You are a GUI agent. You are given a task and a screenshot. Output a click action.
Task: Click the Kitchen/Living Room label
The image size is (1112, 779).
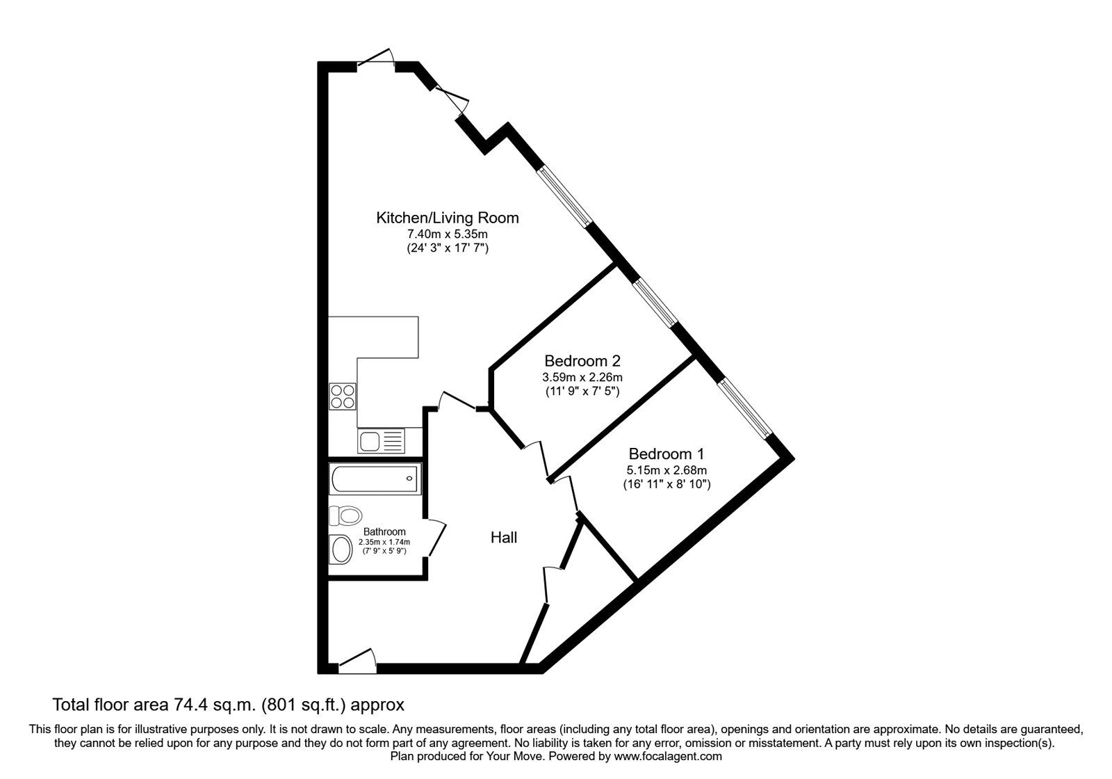tap(447, 218)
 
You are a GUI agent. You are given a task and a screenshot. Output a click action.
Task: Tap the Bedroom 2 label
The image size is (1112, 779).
tap(582, 361)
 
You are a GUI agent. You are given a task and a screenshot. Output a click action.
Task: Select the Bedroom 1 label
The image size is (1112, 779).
tap(666, 454)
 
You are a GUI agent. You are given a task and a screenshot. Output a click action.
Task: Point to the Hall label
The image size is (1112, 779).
tap(504, 538)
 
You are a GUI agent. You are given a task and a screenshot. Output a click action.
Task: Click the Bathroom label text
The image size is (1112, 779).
tap(384, 531)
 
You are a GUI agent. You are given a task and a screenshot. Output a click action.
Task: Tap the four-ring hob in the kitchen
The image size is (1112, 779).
tap(342, 397)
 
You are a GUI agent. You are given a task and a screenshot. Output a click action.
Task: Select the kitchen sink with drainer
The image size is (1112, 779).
tap(381, 440)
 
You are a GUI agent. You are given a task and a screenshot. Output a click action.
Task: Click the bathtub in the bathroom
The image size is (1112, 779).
tap(375, 478)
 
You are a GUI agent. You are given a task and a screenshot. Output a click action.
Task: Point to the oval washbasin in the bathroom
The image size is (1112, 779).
tap(341, 549)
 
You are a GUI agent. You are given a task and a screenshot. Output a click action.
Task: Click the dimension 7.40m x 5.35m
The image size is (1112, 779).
tap(447, 234)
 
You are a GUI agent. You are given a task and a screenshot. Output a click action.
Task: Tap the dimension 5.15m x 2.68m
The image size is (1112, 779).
tap(666, 470)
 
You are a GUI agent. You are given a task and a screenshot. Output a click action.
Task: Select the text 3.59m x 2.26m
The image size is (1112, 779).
tap(582, 377)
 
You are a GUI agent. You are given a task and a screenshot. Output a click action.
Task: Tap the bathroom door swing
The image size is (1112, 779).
tap(436, 538)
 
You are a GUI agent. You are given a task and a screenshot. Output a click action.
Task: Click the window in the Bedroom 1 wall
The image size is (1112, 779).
tap(744, 407)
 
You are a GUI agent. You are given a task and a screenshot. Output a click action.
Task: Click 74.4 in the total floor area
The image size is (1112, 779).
tap(188, 705)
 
